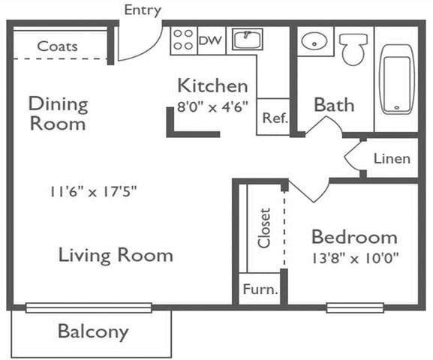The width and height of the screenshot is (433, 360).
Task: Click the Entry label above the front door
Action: pos(143,10)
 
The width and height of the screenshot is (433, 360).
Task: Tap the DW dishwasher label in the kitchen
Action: pos(210,40)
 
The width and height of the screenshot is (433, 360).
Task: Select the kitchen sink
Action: pos(247,39)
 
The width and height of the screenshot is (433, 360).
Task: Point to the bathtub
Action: pos(397,79)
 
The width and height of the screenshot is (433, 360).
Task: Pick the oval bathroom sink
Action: pos(314,41)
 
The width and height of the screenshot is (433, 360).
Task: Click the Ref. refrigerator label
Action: pos(275,118)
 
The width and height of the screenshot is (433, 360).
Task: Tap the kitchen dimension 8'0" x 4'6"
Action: pos(212,106)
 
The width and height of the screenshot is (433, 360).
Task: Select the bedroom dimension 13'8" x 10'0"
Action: pos(355,259)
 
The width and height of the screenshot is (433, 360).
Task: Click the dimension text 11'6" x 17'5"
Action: pos(93,191)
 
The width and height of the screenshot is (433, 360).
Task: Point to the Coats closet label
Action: pos(58,46)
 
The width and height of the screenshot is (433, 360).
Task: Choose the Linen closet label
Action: pos(392,159)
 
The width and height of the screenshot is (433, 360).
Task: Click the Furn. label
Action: pos(260,289)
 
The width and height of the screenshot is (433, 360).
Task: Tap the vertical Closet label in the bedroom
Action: pos(263,228)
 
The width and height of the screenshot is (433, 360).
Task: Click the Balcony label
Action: pos(93,331)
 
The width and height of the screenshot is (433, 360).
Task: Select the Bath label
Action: pos(334,105)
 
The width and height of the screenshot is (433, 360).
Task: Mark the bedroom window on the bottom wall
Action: pos(355,307)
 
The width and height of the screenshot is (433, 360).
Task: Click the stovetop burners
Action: pos(183,40)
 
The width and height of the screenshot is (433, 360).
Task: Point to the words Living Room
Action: pos(116,256)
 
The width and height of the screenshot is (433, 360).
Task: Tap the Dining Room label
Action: pos(58,113)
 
